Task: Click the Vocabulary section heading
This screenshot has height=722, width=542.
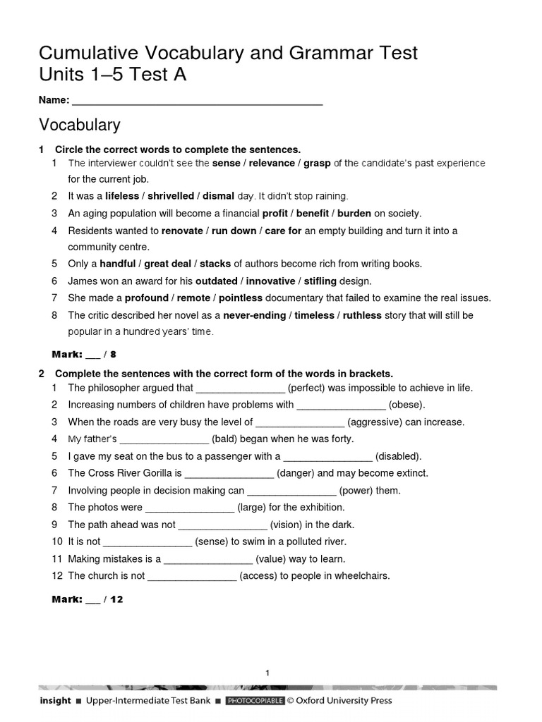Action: (79, 126)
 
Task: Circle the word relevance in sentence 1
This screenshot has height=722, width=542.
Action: (270, 163)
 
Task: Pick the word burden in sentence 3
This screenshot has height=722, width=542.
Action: (354, 213)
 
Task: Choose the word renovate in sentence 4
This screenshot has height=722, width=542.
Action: (181, 231)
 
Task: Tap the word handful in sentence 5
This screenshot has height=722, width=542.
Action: (118, 264)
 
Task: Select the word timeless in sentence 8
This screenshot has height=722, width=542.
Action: (314, 315)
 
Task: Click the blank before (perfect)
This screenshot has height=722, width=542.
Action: (240, 388)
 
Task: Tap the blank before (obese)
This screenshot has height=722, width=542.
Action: (341, 405)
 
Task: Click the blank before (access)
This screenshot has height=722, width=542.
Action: (191, 576)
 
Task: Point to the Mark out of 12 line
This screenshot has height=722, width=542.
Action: (88, 599)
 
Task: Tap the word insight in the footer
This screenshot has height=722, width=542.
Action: (55, 701)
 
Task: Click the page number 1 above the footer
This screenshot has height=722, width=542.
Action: (268, 673)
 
